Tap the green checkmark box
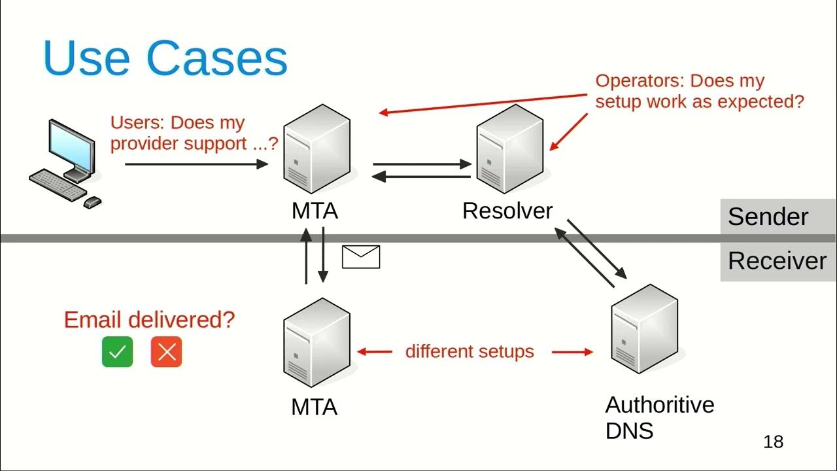click(117, 352)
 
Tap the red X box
click(166, 352)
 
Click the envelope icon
click(361, 256)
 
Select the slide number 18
click(773, 442)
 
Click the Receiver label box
click(777, 261)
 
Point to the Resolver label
click(507, 211)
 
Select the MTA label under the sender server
click(315, 211)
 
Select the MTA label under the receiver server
click(315, 407)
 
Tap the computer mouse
click(92, 202)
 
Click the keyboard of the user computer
click(58, 184)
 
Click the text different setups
click(470, 351)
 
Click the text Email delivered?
click(149, 320)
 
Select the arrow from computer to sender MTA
click(196, 164)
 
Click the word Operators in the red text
click(639, 81)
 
